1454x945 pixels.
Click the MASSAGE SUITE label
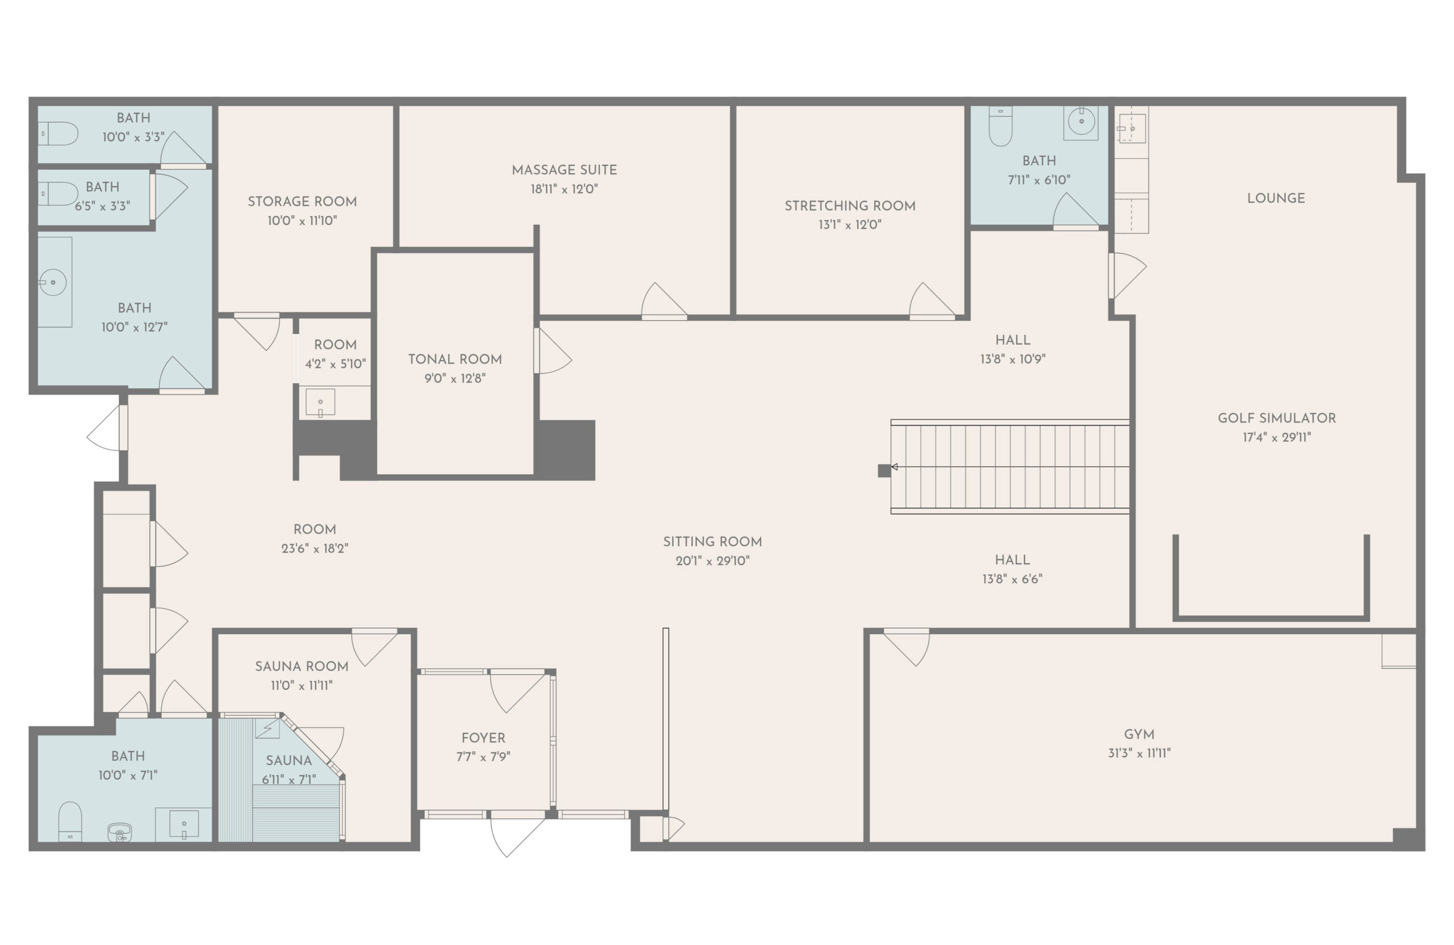point(564,170)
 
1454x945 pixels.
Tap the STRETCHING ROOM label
point(850,206)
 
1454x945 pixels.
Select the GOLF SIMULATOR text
point(1276,419)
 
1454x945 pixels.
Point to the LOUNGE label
point(1276,199)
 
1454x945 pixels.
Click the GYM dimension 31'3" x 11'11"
point(1139,753)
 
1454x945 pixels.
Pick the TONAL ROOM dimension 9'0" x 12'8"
point(454,379)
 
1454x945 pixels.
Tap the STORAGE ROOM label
point(302,202)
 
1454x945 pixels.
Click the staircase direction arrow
point(895,467)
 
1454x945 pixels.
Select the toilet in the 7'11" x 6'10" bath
point(1000,127)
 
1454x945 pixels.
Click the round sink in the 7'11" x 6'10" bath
point(1081,122)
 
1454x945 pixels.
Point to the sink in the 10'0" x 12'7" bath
point(53,282)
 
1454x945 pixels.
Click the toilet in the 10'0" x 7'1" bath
point(70,821)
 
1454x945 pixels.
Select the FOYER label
point(483,738)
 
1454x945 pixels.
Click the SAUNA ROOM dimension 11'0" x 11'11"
point(301,685)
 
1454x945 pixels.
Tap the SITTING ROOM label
point(712,542)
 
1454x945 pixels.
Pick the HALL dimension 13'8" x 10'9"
point(1012,359)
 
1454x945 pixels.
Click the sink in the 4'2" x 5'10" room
point(320,403)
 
